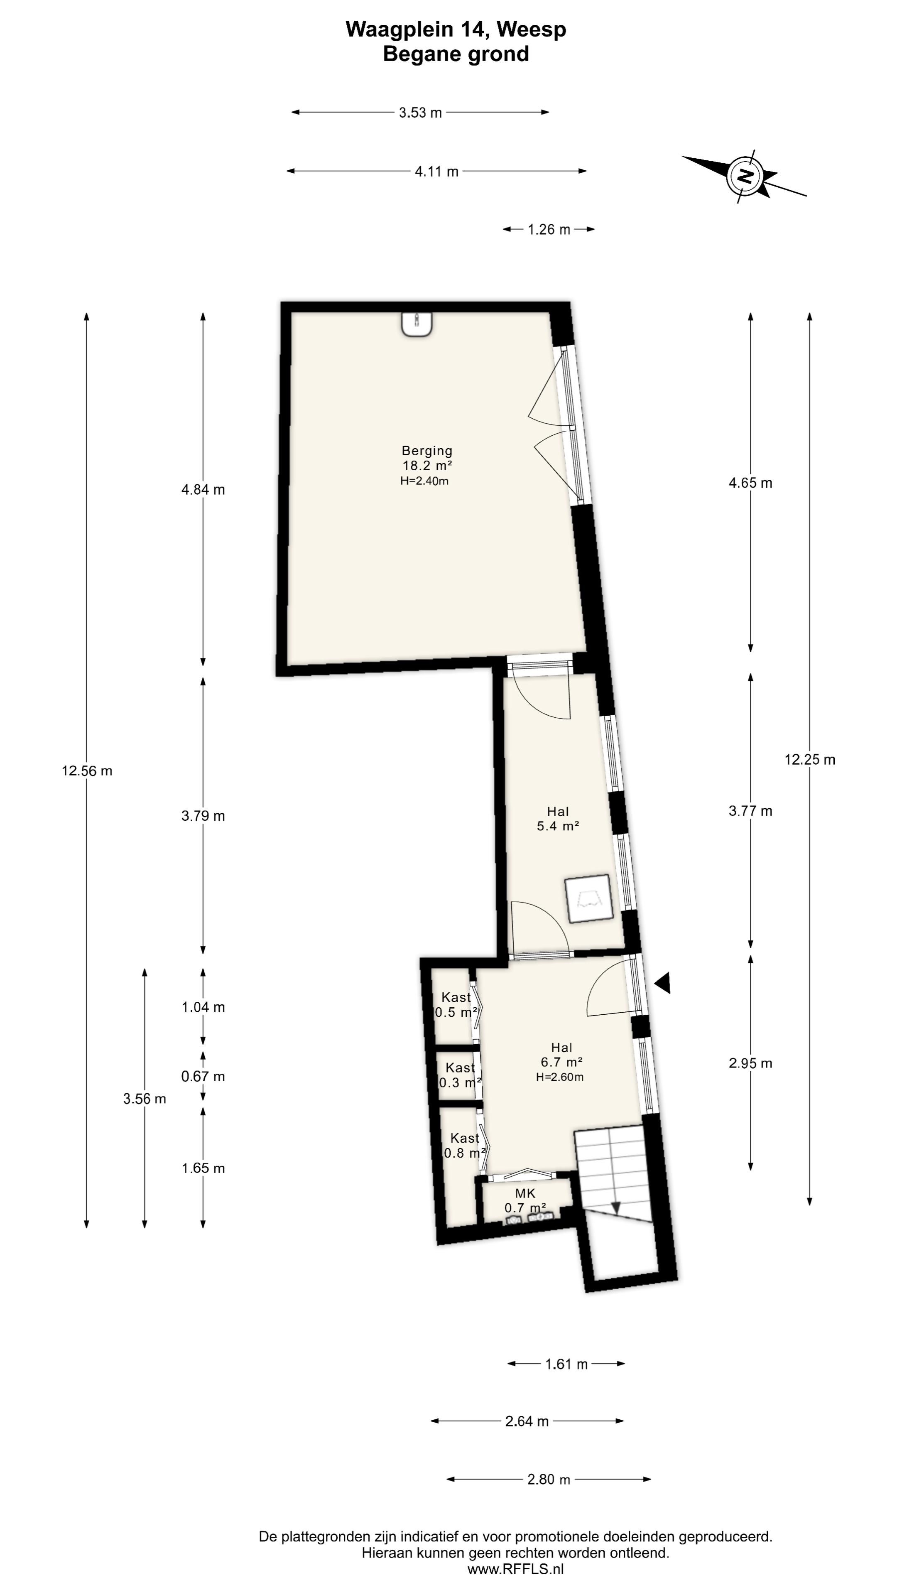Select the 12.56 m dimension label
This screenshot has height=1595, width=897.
87,771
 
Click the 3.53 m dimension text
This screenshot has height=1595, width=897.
420,113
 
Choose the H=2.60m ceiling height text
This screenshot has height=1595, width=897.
560,1077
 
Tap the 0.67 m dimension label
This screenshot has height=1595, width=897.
203,1077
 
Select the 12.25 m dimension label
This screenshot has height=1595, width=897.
810,760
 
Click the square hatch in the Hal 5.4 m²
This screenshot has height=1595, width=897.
588,899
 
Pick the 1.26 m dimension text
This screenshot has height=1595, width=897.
549,230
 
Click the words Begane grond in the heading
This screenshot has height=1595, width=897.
456,54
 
